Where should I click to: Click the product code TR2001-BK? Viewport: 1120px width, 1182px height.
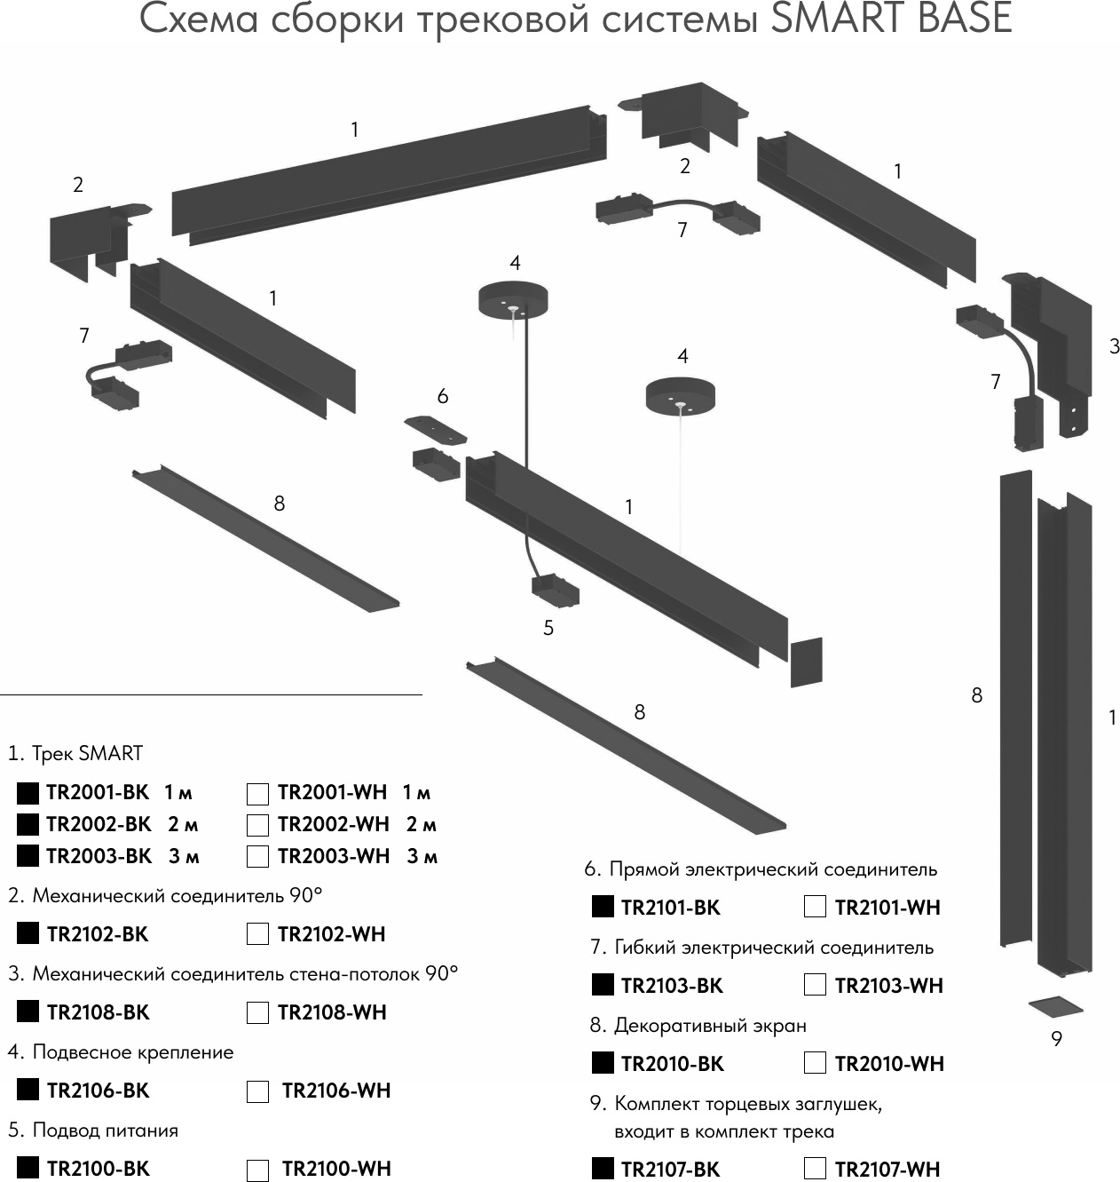coord(98,792)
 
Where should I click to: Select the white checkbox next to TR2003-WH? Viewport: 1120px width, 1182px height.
coord(257,857)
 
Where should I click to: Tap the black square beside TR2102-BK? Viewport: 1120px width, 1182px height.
coord(28,933)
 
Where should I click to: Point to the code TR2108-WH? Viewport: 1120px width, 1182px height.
coord(332,1012)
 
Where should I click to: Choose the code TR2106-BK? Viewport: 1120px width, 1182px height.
coord(98,1091)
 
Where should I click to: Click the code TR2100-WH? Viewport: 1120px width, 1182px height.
coord(336,1169)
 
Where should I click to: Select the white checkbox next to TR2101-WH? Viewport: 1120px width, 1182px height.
coord(815,907)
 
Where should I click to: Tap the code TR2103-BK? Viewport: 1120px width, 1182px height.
coord(672,986)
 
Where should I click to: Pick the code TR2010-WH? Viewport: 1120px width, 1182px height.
coord(889,1064)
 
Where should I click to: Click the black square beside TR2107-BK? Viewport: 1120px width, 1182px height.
coord(603,1169)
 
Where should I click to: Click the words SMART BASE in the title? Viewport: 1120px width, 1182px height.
coord(891,20)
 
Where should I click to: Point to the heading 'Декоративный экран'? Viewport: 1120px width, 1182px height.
coord(710,1026)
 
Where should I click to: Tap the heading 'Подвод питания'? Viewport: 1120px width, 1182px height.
coord(105,1130)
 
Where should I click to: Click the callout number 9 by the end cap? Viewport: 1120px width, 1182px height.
coord(1056,1038)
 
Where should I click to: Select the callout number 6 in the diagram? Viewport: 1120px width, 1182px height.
coord(443,396)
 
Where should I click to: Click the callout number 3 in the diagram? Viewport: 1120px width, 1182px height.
coord(1115,346)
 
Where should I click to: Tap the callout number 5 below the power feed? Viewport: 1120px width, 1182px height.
coord(548,628)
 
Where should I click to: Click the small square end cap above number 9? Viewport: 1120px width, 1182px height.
coord(1056,1008)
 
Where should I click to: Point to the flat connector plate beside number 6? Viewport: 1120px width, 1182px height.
coord(436,430)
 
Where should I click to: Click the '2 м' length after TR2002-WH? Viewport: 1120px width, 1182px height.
coord(422,824)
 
